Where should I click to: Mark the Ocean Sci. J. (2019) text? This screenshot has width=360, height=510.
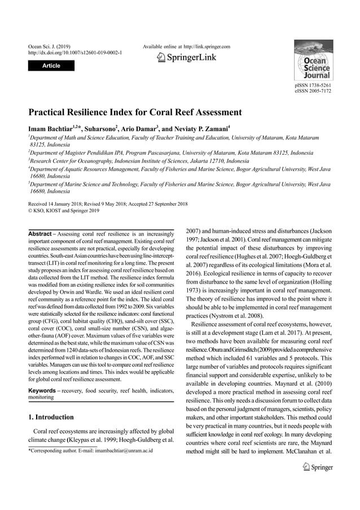pos(49,46)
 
